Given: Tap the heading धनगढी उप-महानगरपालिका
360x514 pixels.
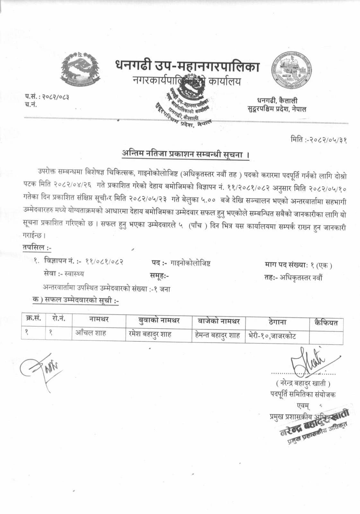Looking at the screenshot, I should tap(187, 66).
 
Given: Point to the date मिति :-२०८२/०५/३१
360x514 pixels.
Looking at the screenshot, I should tap(318, 140).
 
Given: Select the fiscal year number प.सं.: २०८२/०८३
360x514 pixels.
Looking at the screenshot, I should tap(47, 97).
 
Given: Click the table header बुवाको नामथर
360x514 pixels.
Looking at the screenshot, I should tap(159, 320).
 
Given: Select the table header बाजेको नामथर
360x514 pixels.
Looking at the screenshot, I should tap(219, 321).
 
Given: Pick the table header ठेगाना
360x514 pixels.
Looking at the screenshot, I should tap(277, 322).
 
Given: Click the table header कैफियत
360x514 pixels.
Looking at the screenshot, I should tap(326, 323).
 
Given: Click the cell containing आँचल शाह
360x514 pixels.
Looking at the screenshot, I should tap(91, 333).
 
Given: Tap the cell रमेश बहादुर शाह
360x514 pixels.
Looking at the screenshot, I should tap(150, 334).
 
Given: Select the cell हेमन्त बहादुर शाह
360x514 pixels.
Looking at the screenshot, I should tap(217, 335).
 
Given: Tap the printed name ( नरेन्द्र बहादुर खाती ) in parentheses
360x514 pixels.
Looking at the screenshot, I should tap(303, 383).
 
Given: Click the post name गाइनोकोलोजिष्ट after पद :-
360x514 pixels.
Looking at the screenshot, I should tap(191, 264).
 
